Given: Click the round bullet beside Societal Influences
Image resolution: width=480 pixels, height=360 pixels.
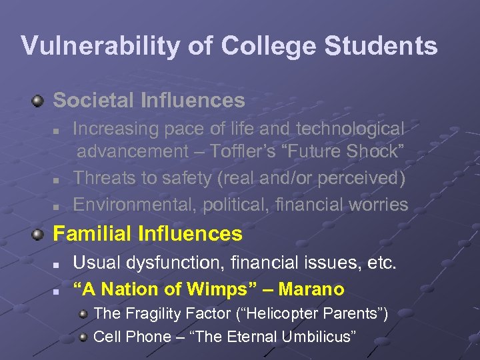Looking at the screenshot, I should tap(39, 101).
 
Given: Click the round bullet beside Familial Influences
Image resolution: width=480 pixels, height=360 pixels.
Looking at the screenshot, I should tap(39, 234).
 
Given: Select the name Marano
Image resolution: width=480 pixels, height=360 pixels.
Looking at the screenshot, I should tap(311, 289).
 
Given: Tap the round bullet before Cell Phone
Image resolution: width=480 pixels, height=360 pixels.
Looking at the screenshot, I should tap(83, 337).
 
